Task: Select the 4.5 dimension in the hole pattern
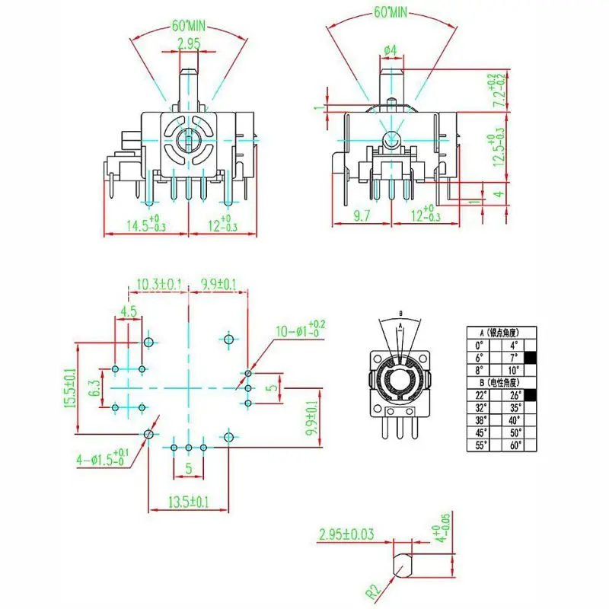128,311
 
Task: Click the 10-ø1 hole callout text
298,332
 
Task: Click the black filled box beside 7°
531,356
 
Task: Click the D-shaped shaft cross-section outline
403,566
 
